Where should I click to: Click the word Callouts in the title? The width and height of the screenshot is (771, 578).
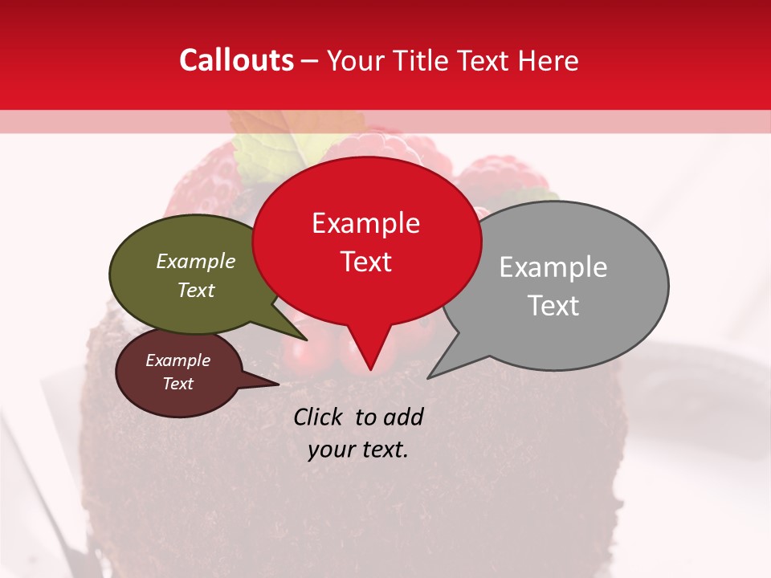coord(236,60)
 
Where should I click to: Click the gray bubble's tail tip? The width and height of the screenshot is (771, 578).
coord(428,377)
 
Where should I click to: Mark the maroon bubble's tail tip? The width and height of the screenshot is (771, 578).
coord(278,385)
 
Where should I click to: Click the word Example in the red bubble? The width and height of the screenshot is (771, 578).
coord(366,223)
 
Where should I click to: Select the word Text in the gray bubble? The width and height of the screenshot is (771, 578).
coord(553,306)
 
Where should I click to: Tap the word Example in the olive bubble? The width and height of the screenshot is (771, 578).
coord(196,262)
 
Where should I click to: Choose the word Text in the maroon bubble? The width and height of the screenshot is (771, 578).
coord(178,384)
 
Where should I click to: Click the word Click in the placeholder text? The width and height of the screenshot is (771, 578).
coord(319,417)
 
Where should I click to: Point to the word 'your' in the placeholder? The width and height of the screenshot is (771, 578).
coord(331,450)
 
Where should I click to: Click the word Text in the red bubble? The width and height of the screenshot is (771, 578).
coord(366,262)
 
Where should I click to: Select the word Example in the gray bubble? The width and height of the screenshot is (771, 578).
coord(553,267)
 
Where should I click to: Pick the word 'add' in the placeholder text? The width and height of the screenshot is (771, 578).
coord(403,417)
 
